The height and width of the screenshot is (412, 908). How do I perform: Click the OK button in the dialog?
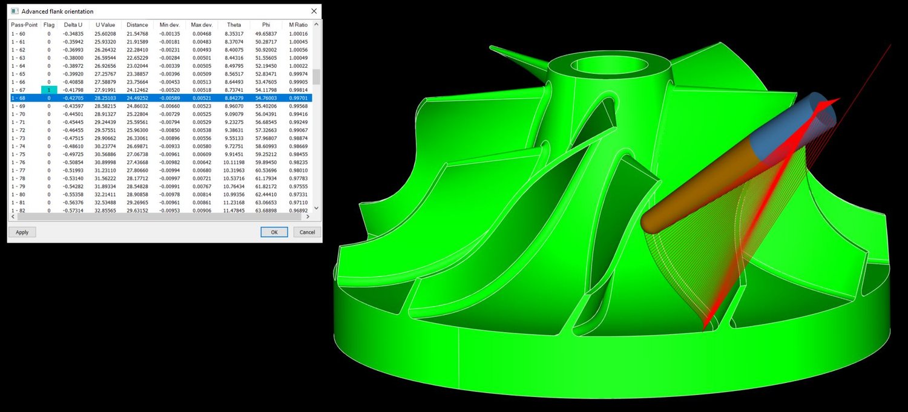point(274,232)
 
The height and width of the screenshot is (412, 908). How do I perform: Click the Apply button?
point(22,232)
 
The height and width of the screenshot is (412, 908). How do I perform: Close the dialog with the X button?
point(314,11)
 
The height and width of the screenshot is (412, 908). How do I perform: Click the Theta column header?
point(234,25)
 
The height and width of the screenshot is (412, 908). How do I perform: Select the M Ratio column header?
point(298,25)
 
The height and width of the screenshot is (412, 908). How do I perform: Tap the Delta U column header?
point(73,25)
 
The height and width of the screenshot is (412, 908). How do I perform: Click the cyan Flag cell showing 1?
point(49,90)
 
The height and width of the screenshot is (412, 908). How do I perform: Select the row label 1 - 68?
point(18,98)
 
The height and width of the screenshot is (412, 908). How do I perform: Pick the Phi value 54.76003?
point(266,98)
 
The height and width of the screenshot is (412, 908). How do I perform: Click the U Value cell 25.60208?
point(106,34)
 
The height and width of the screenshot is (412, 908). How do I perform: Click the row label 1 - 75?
point(18,154)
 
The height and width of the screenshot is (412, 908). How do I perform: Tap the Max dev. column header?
point(202,25)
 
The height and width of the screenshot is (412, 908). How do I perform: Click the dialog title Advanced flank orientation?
point(58,11)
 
